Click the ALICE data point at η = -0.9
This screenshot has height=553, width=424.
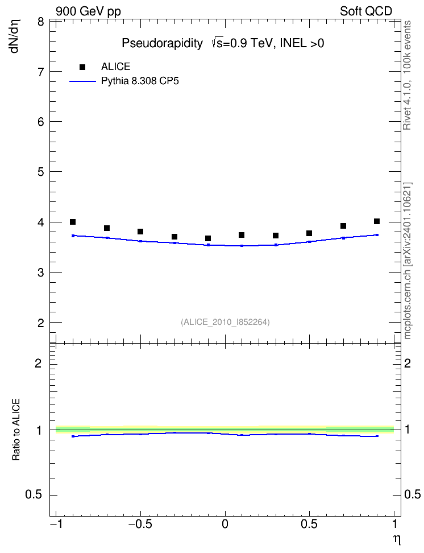point(73,222)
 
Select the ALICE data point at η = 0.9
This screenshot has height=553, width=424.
point(377,221)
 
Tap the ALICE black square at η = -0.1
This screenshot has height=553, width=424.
point(208,238)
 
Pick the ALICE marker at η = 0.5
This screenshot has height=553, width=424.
point(309,233)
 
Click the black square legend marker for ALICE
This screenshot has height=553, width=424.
point(82,67)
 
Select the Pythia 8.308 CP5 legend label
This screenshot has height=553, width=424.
point(140,81)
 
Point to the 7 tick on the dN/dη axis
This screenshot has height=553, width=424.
point(41,72)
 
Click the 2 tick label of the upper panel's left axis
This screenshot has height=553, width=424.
point(41,323)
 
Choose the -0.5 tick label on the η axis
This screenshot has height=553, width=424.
point(140,524)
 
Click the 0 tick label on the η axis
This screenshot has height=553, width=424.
point(225,524)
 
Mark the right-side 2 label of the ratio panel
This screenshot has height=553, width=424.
point(408,363)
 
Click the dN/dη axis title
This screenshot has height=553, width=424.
point(15,36)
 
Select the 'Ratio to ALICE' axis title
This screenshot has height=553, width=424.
point(16,430)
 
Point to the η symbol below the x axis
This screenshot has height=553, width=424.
point(397,539)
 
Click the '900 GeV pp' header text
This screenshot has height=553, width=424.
point(88,11)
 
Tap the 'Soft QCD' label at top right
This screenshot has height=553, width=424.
point(366,11)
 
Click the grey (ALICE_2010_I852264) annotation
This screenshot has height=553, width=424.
point(225,322)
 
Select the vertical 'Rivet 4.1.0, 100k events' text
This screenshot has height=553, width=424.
point(407,75)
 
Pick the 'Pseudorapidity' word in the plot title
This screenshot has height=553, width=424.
point(162,43)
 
